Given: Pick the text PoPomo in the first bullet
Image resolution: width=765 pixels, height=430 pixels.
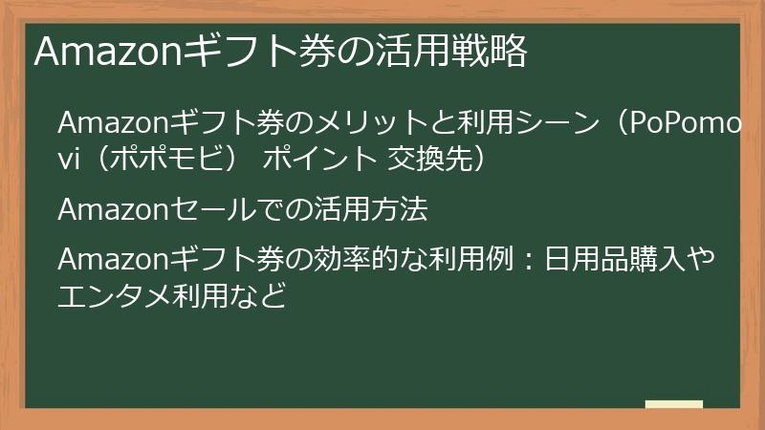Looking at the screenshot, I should [681, 124].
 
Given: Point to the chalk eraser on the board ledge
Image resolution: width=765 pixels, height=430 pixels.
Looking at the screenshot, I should [674, 405].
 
